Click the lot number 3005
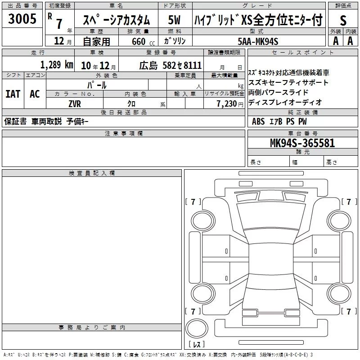pos(22,19)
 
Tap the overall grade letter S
pos(343,20)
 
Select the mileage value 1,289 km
pos(57,65)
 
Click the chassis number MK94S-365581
pos(302,143)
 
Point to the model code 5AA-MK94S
pos(258,41)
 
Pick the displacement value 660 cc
pos(143,42)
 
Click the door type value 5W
pos(174,20)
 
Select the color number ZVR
pos(75,104)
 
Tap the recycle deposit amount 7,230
pos(227,104)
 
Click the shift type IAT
pos(13,94)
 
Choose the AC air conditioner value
pos(35,94)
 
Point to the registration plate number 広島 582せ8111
pos(171,65)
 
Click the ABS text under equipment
pos(258,121)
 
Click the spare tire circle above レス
pos(197,328)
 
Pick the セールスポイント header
pos(302,53)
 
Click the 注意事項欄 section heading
pos(124,133)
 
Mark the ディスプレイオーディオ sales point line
pos(285,103)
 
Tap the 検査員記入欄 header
pos(92,173)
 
